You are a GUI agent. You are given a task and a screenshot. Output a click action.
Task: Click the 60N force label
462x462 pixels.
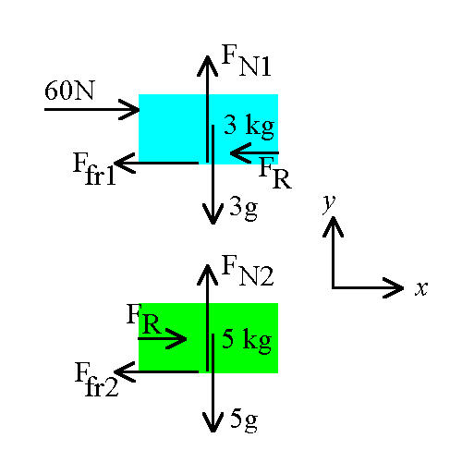pyautogui.click(x=69, y=91)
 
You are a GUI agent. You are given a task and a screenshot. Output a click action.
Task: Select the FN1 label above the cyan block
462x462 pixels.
pyautogui.click(x=247, y=60)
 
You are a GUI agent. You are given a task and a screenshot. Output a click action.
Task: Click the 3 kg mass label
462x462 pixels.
pyautogui.click(x=249, y=127)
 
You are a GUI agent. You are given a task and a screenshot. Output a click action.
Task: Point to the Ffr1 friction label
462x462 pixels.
pyautogui.click(x=94, y=168)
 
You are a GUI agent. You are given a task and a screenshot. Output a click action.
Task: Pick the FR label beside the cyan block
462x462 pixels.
pyautogui.click(x=275, y=173)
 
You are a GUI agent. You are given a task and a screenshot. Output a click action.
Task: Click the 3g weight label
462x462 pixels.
pyautogui.click(x=243, y=209)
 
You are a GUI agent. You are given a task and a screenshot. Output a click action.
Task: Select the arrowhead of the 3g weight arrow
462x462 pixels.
pyautogui.click(x=213, y=214)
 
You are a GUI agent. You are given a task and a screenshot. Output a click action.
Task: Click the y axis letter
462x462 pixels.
pyautogui.click(x=329, y=203)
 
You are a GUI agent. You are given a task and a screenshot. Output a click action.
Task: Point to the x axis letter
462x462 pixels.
pyautogui.click(x=421, y=288)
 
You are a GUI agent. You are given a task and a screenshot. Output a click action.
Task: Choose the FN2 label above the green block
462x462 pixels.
pyautogui.click(x=248, y=271)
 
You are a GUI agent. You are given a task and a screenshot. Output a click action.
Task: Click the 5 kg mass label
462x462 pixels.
pyautogui.click(x=247, y=340)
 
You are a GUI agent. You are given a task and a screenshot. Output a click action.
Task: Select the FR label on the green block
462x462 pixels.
pyautogui.click(x=144, y=319)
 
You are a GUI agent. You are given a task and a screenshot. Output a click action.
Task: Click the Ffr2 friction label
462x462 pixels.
pyautogui.click(x=96, y=379)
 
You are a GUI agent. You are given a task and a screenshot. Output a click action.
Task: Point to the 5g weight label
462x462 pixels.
pyautogui.click(x=244, y=421)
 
